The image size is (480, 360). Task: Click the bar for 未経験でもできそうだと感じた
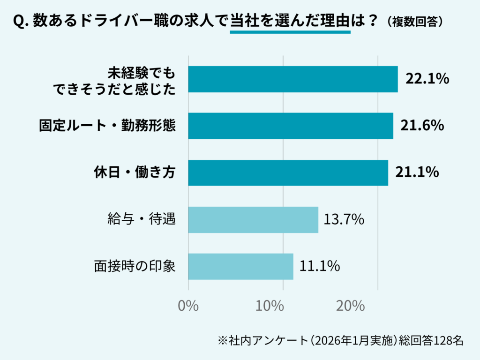point(293,79)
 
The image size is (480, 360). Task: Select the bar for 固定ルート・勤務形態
point(291,126)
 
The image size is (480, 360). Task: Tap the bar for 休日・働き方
point(288,172)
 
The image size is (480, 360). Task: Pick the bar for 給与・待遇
point(253,219)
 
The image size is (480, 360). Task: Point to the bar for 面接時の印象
point(240,266)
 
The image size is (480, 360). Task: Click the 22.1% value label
point(427,79)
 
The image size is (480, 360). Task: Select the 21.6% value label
point(422,126)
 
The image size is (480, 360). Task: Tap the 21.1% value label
point(417,172)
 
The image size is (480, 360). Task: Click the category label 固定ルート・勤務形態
point(107,126)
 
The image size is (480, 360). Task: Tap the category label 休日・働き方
point(133,172)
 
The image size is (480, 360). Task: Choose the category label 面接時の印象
point(135,266)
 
